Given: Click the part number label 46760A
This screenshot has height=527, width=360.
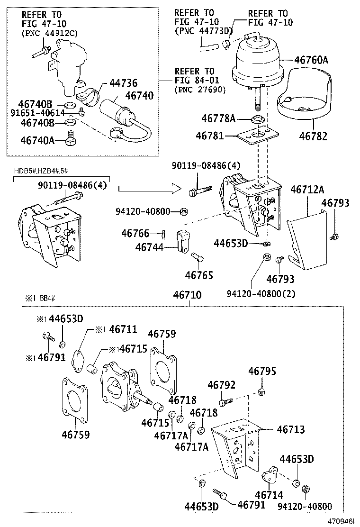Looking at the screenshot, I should (311, 60).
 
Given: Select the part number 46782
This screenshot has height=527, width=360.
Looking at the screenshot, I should (313, 136).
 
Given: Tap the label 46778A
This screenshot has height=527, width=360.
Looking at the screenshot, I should (218, 118).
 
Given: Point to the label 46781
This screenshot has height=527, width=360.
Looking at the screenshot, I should (209, 136).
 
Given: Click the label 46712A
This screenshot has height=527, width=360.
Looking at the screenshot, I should (308, 190).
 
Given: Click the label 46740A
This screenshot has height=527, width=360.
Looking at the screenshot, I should (38, 140).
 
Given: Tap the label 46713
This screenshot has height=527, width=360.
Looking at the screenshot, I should (291, 429).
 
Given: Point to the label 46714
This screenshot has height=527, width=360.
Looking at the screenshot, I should (270, 495).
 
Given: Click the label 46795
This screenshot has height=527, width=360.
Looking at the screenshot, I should (262, 371).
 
